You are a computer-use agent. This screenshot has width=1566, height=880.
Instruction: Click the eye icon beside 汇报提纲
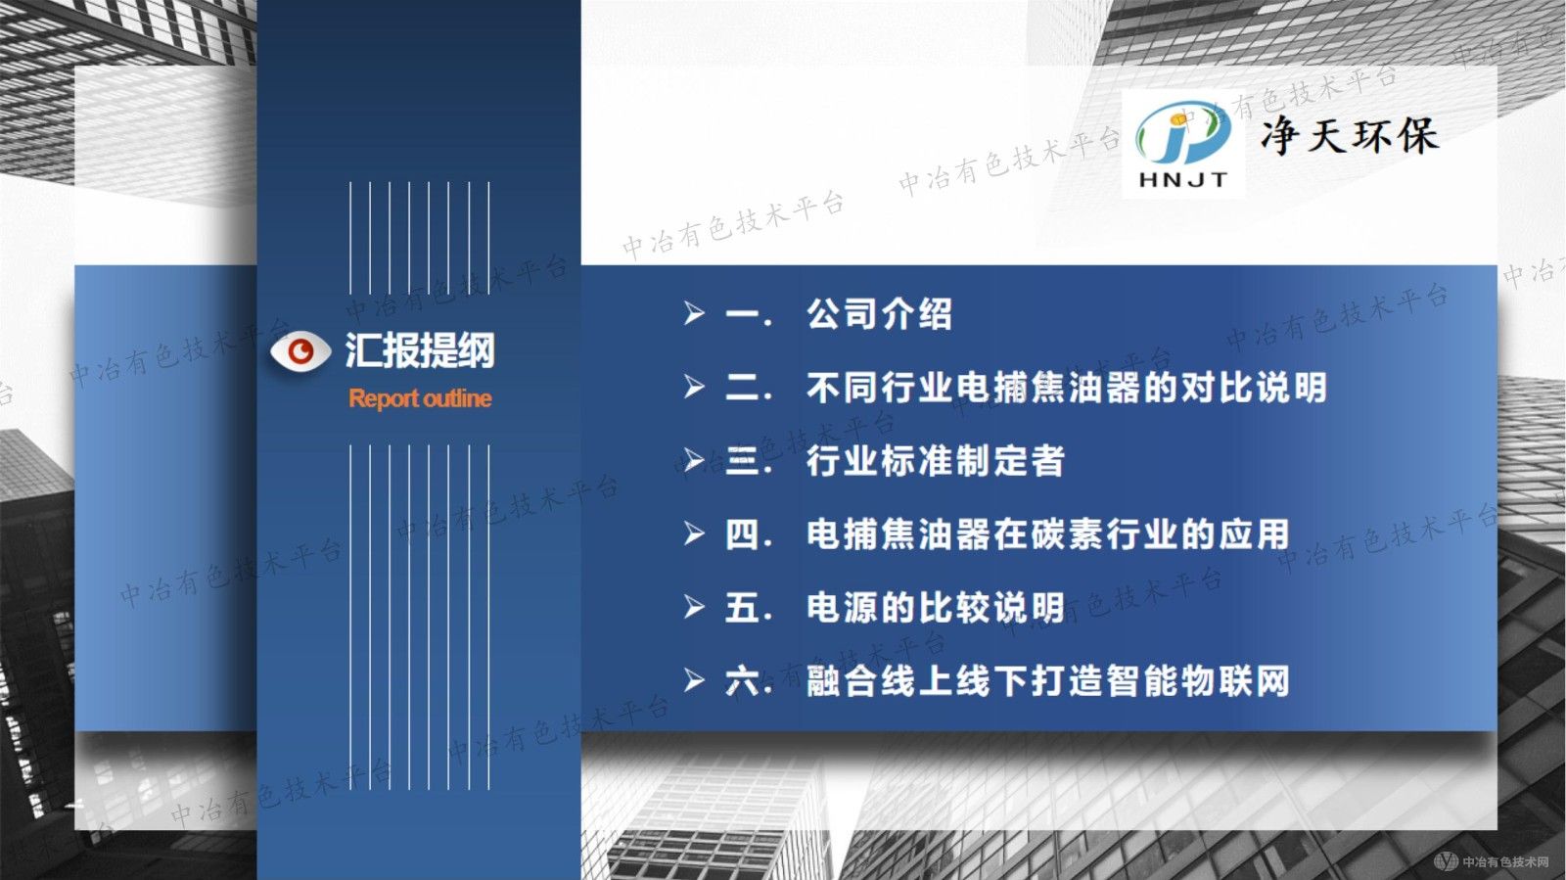point(300,351)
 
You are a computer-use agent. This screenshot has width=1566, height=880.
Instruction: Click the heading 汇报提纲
point(420,350)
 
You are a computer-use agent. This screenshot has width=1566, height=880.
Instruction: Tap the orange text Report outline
point(420,398)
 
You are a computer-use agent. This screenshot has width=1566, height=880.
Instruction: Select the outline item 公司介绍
point(879,314)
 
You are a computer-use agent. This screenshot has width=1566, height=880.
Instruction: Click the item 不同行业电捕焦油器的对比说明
point(1066,388)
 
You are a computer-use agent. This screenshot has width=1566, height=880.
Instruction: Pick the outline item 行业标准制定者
point(935,461)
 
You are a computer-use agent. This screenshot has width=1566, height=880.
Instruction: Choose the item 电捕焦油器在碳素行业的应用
point(1047,534)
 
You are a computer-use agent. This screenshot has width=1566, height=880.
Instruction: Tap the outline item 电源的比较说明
point(935,608)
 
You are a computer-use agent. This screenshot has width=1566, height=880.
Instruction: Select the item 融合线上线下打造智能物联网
point(1047,681)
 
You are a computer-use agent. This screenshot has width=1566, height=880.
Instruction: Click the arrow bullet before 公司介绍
point(694,314)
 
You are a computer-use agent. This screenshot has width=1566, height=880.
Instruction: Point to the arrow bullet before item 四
point(694,534)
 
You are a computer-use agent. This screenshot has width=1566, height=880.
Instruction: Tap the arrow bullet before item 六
point(694,681)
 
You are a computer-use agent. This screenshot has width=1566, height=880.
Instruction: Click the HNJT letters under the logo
point(1182,180)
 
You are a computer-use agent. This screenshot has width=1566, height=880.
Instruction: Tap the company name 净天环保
point(1350,136)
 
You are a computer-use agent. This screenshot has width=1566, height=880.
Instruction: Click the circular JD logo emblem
point(1182,135)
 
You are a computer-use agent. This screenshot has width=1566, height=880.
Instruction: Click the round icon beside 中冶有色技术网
point(1445,861)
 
